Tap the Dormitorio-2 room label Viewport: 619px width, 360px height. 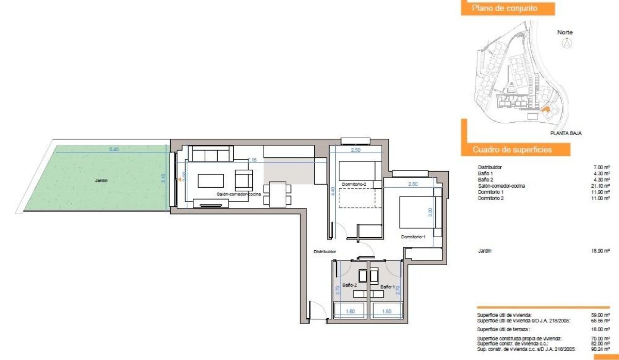(x=353, y=185)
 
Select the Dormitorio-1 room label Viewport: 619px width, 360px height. (x=414, y=237)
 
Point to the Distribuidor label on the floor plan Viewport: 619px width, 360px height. (x=325, y=252)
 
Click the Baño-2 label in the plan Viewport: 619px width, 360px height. (x=350, y=285)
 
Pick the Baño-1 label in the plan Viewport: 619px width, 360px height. (x=387, y=287)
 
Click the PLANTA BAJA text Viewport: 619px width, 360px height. (x=566, y=133)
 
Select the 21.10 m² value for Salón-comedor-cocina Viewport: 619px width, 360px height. (x=601, y=186)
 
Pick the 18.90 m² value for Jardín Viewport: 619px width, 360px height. (x=601, y=251)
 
